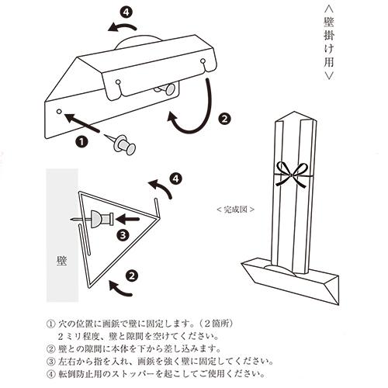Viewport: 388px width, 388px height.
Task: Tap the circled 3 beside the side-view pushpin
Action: tap(122, 234)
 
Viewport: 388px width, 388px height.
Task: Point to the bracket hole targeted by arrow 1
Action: tap(61, 113)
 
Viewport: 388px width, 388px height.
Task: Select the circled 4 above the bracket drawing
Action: tap(126, 13)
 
